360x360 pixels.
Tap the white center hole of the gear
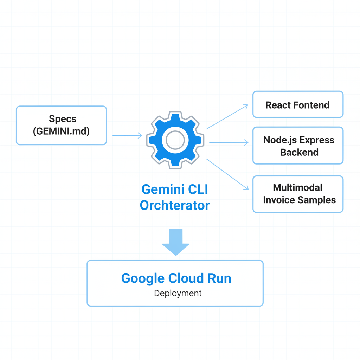(x=175, y=140)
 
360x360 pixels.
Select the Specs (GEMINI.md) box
(x=61, y=125)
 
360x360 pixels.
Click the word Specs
(x=63, y=119)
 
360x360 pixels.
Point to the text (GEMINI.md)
(x=61, y=131)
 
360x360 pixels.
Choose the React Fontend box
(x=298, y=104)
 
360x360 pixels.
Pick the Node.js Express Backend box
(x=298, y=146)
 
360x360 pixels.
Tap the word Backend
(x=299, y=152)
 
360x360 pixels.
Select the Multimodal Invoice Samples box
(x=298, y=194)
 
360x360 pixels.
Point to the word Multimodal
(x=297, y=187)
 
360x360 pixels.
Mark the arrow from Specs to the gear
(x=127, y=135)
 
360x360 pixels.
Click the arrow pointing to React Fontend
(x=227, y=116)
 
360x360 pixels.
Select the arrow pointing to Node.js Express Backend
(x=229, y=142)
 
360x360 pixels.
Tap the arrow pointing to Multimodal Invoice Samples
(x=227, y=174)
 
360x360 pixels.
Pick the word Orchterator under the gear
(x=175, y=205)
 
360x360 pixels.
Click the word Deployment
(x=178, y=293)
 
